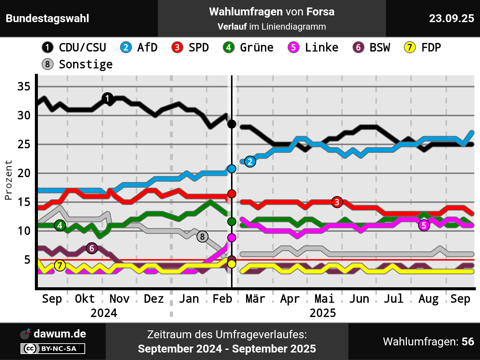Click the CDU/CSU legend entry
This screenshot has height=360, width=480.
(74, 48)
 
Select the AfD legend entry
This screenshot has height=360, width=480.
(139, 48)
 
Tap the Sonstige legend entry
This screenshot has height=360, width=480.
(77, 64)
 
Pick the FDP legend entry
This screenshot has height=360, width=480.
(423, 48)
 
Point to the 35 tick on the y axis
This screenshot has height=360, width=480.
(24, 87)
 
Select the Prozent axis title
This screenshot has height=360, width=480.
(8, 180)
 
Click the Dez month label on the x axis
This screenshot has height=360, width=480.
(154, 299)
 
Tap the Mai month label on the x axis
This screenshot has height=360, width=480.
(324, 299)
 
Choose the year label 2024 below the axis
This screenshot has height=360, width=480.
(104, 313)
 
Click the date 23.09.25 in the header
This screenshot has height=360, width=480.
(451, 18)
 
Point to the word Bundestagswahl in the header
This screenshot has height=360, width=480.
(48, 18)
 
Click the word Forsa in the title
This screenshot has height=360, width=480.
(320, 12)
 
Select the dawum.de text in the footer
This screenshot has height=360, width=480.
(60, 334)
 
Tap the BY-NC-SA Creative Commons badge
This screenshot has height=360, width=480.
(53, 349)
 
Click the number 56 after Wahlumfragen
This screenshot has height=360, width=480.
(468, 342)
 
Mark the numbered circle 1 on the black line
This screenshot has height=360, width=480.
(108, 98)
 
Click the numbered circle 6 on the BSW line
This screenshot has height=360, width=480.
(92, 248)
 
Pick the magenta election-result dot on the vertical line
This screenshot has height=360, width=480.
(232, 237)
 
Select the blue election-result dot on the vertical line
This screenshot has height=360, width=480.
(232, 169)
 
